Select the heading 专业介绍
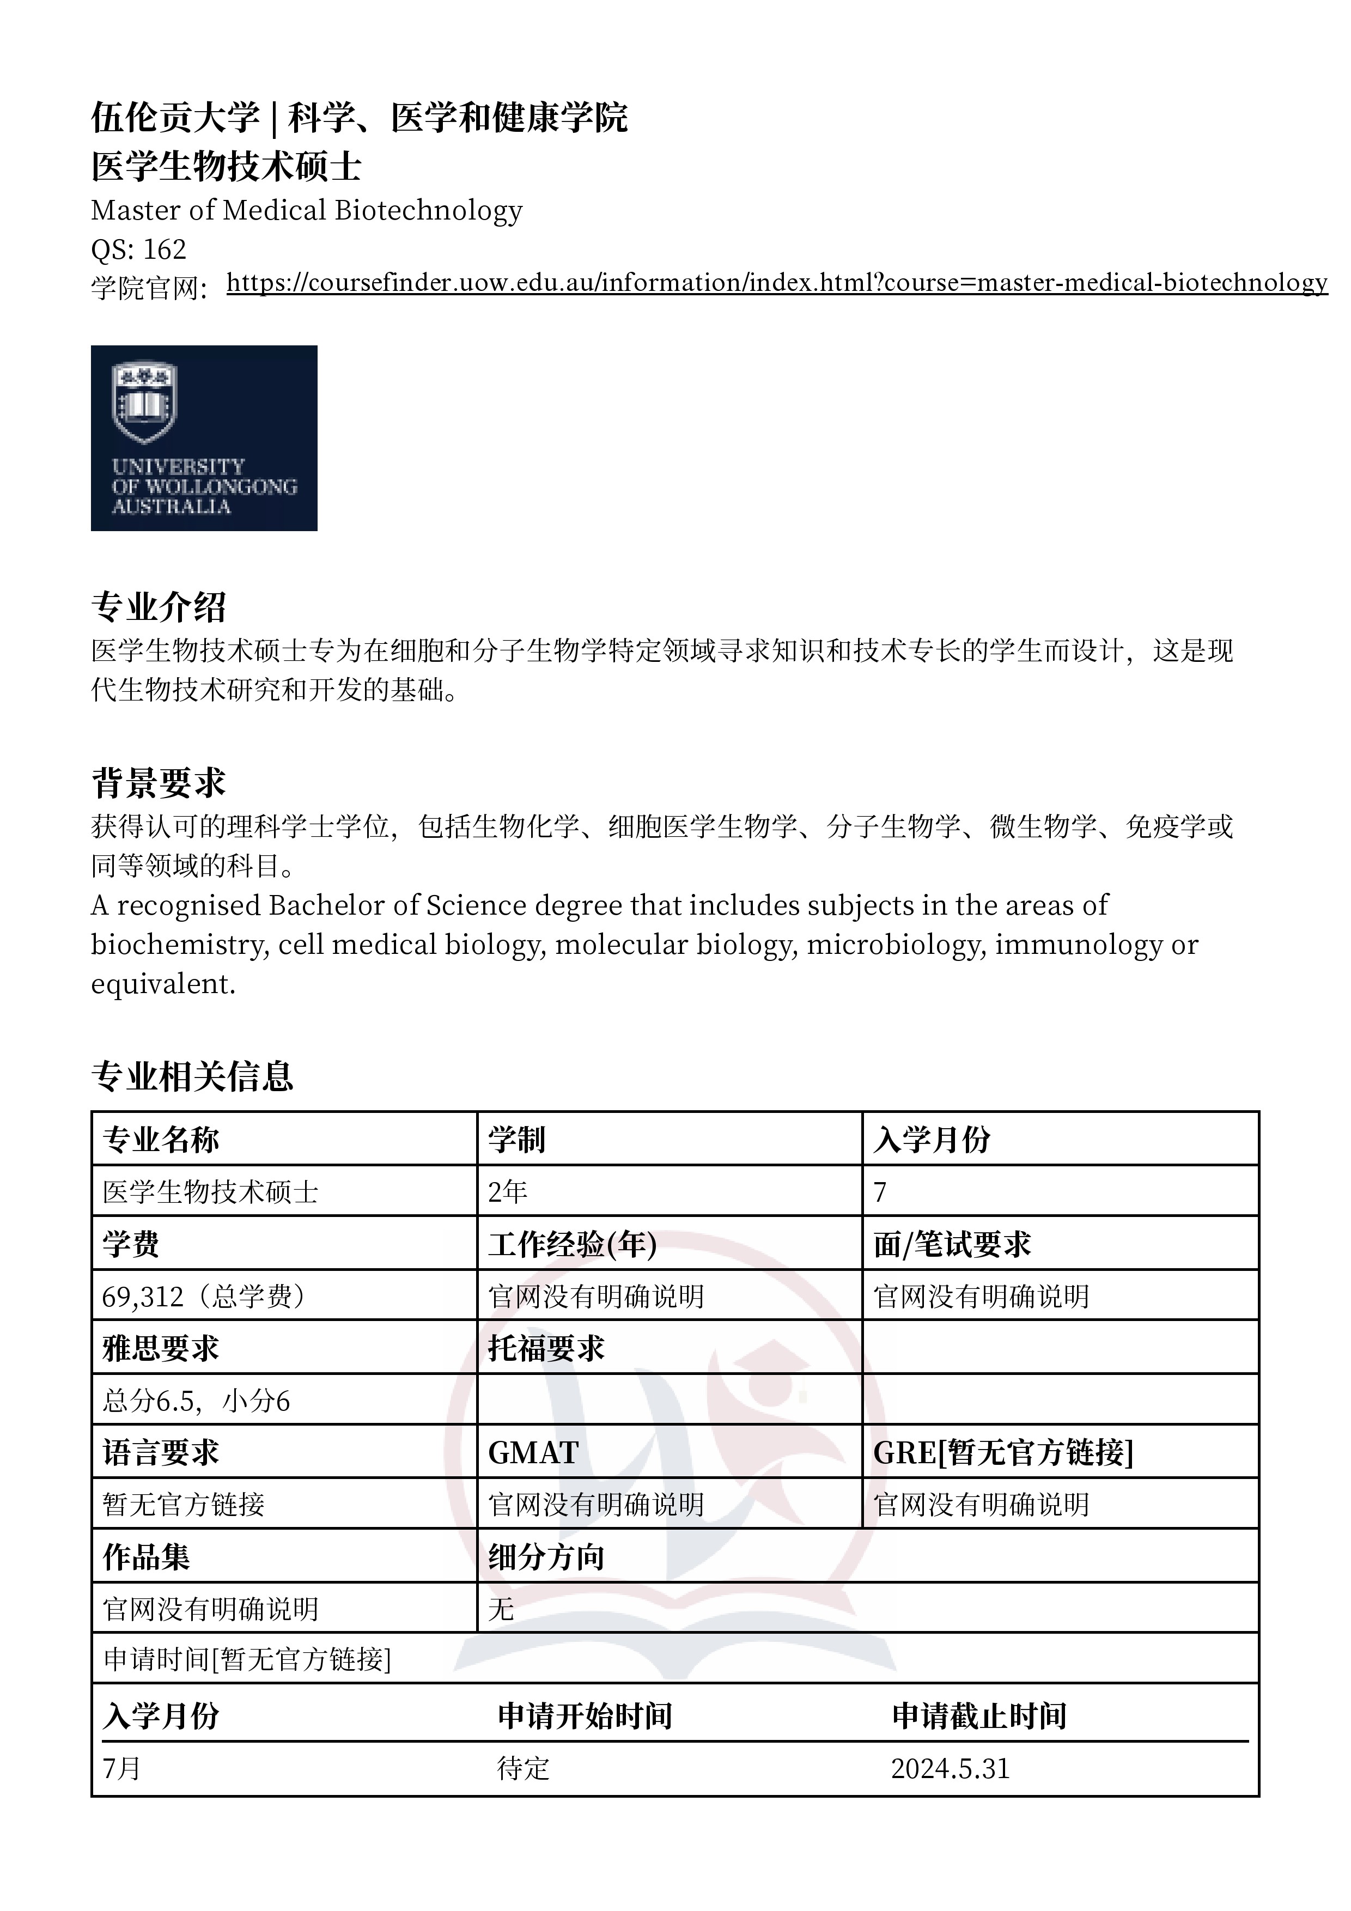158,607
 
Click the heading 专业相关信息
192,1075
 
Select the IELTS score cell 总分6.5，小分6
197,1401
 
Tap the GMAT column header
533,1452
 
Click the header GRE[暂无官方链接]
1002,1452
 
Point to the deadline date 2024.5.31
950,1769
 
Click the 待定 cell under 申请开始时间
523,1769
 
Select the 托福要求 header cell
546,1348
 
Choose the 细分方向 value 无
501,1609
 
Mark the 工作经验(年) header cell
572,1244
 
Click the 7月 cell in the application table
121,1769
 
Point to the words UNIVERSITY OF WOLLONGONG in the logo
204,476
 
